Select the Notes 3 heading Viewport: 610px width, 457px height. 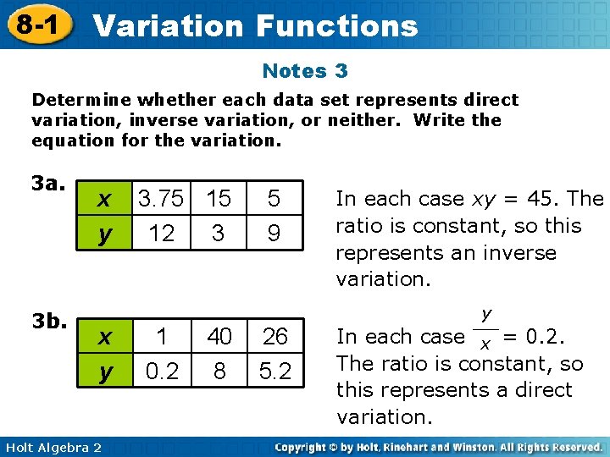tap(305, 71)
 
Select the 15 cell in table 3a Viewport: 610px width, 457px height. tap(219, 199)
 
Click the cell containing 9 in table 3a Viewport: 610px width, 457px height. tap(274, 233)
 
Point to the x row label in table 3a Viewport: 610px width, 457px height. tap(104, 200)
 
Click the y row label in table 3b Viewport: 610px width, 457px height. tap(104, 372)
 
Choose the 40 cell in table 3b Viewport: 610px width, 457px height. tap(219, 337)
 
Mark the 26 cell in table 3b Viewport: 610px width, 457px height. tap(274, 337)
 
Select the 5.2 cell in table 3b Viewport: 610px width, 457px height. tap(274, 372)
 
